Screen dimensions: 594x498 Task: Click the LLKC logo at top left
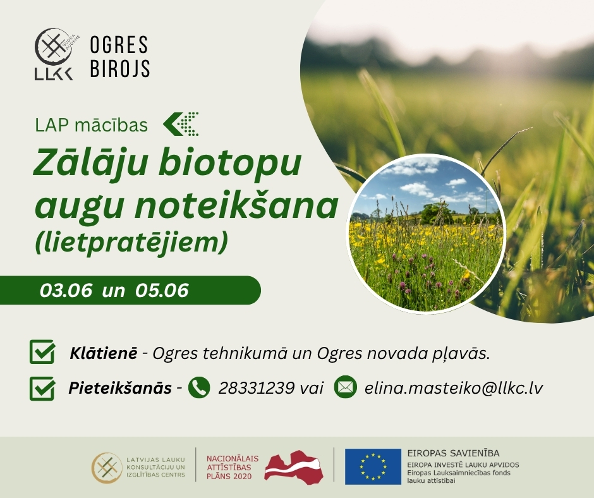click(54, 54)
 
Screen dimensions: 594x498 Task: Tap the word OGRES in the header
click(119, 45)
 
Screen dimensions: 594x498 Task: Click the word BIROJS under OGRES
click(120, 68)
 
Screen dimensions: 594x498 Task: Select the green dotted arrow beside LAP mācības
click(181, 124)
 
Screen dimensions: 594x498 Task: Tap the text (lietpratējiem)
click(131, 243)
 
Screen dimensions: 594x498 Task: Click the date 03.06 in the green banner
click(66, 290)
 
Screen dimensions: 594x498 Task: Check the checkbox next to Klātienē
click(42, 352)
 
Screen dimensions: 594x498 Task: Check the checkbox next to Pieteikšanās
click(42, 388)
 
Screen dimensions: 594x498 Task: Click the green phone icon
click(199, 387)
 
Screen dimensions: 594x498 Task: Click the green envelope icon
click(346, 387)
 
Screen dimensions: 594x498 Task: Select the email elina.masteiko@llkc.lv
click(454, 387)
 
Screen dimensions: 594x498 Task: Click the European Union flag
click(373, 466)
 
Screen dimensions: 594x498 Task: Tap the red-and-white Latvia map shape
click(294, 466)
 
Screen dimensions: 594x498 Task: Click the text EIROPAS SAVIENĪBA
click(454, 453)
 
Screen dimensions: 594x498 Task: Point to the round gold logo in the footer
click(107, 468)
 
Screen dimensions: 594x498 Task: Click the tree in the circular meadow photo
click(437, 214)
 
